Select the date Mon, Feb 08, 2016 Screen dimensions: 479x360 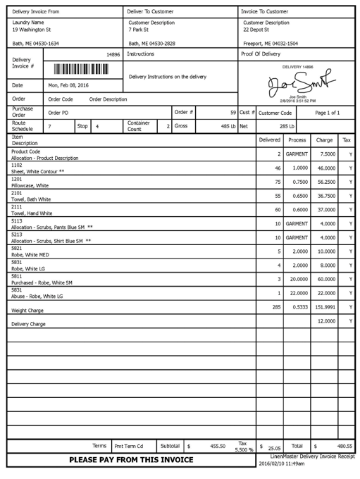point(69,85)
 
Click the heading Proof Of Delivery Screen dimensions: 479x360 point(261,54)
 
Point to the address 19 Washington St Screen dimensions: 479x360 point(32,30)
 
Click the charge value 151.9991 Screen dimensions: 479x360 point(324,307)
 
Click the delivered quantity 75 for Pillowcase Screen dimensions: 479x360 point(278,182)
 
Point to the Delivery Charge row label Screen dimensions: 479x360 point(28,324)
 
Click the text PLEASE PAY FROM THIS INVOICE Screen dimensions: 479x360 point(131,460)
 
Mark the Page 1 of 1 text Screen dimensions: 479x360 point(327,113)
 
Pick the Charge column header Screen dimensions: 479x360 point(324,140)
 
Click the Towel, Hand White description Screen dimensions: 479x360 point(32,213)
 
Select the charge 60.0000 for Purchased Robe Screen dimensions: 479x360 point(324,279)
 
